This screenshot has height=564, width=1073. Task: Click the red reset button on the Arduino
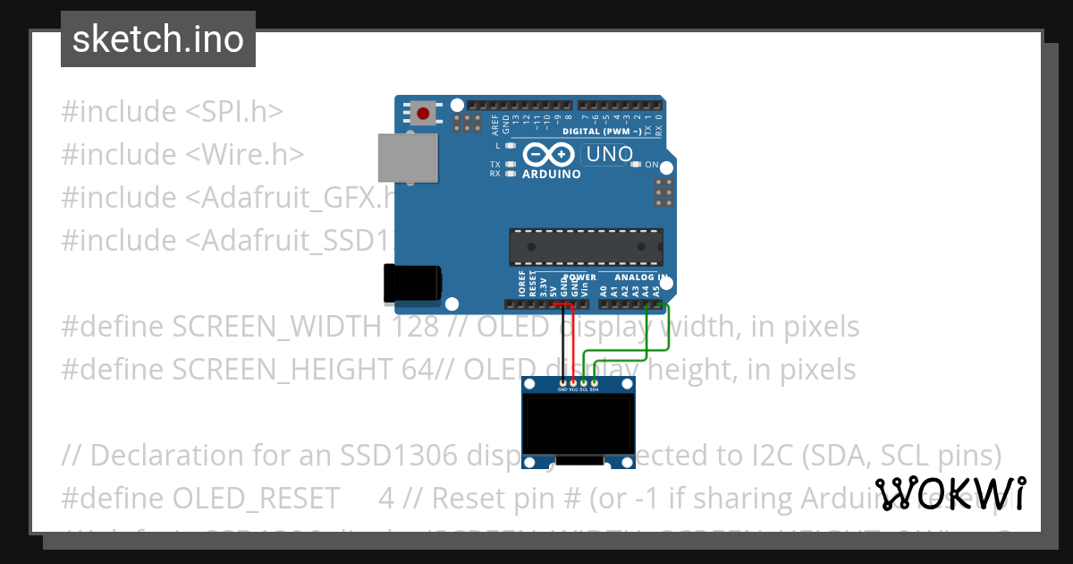pos(422,114)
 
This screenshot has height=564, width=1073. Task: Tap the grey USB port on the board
pos(408,158)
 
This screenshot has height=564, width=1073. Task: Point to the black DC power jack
pos(412,283)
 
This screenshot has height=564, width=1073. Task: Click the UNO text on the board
pos(609,155)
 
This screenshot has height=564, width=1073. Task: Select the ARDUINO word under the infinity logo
pos(552,174)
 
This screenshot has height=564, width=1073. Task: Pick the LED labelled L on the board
pos(511,145)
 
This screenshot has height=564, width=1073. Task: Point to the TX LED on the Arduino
pos(511,164)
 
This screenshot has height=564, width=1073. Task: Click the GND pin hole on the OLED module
pos(562,383)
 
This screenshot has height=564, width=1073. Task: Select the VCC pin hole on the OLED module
pos(573,383)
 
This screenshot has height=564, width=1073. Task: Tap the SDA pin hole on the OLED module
pos(595,383)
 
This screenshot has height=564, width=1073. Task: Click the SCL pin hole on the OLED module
pos(584,383)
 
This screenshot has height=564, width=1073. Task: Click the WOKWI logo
pos(950,493)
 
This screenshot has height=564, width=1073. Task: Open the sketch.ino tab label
pos(158,39)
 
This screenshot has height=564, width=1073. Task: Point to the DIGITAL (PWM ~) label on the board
pos(602,132)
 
